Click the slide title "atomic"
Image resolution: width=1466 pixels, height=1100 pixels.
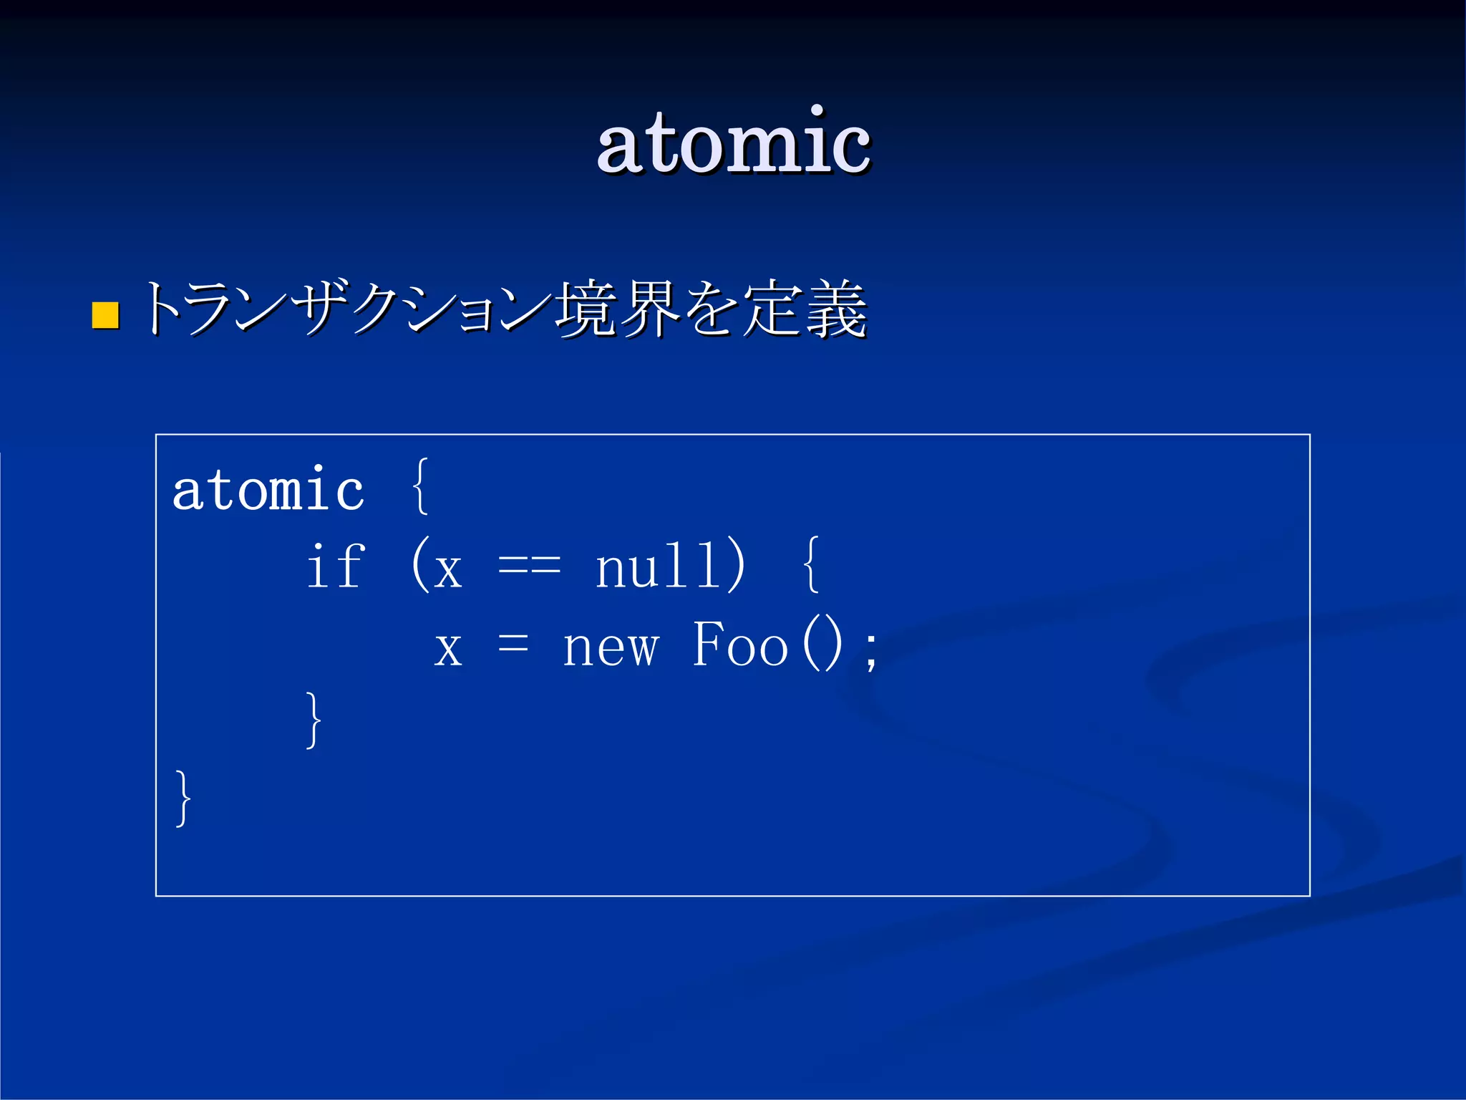pyautogui.click(x=733, y=143)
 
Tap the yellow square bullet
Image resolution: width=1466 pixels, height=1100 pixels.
pyautogui.click(x=105, y=315)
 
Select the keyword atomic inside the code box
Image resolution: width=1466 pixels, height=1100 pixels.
pyautogui.click(x=268, y=490)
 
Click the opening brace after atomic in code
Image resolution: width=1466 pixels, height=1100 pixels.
pyautogui.click(x=421, y=487)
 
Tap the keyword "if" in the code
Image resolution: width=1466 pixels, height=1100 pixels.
pyautogui.click(x=336, y=566)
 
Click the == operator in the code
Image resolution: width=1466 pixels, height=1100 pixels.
pyautogui.click(x=529, y=567)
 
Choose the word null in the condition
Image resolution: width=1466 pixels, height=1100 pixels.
pyautogui.click(x=656, y=566)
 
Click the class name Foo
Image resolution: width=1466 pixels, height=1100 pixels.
pyautogui.click(x=740, y=645)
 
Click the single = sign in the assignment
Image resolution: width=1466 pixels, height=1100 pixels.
pyautogui.click(x=513, y=644)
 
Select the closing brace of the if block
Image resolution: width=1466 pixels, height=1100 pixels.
pyautogui.click(x=313, y=720)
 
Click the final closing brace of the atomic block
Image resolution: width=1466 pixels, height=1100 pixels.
pyautogui.click(x=183, y=798)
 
